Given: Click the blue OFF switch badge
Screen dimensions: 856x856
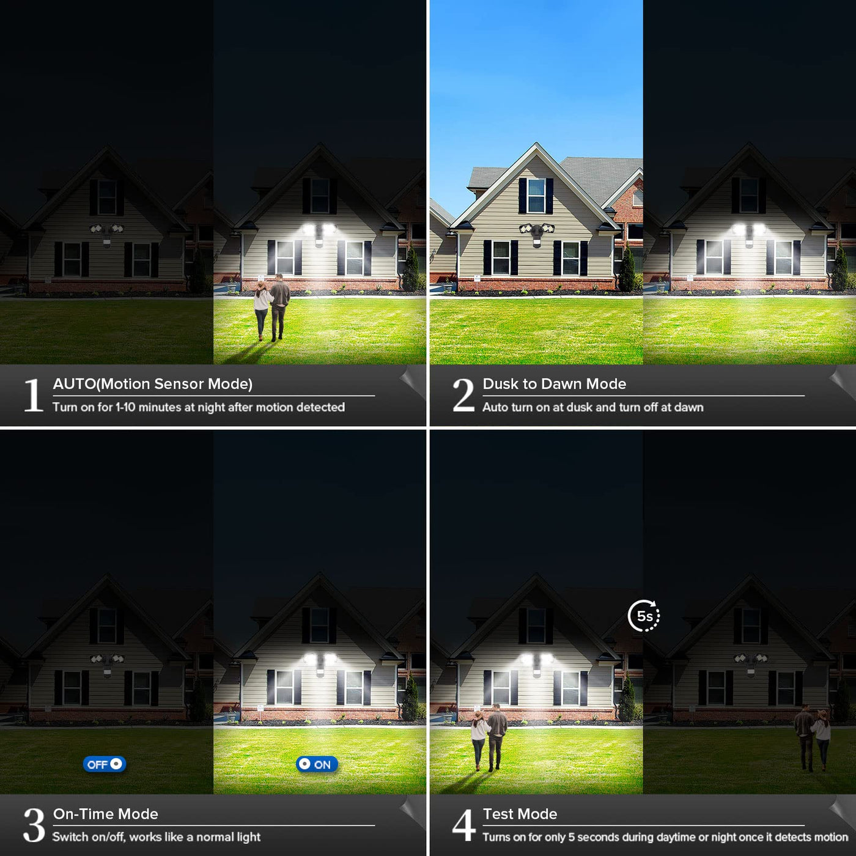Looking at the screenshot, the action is [105, 764].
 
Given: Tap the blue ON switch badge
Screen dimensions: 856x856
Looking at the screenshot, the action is [317, 764].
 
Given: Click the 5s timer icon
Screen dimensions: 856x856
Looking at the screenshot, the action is [644, 616].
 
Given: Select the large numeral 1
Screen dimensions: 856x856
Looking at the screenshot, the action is [33, 395].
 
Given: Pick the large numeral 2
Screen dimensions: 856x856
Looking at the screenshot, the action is [463, 395].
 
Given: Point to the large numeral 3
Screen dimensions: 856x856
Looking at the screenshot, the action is [34, 825].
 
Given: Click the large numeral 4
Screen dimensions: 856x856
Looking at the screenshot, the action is [463, 825].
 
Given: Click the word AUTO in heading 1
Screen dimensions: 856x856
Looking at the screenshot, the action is [74, 384].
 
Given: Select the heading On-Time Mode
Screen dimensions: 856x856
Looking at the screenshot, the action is [106, 814].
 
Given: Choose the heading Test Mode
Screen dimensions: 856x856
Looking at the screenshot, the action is [520, 814].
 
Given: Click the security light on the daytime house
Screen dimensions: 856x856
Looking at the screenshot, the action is [536, 233].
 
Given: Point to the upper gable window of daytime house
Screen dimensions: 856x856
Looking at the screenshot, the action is [536, 196].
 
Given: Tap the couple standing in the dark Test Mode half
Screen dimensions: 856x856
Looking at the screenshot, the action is [812, 737].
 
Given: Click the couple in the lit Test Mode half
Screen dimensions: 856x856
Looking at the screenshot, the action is [489, 737].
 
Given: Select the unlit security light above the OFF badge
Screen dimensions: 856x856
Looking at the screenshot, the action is [107, 663].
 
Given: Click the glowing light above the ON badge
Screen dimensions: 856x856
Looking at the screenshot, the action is [319, 663].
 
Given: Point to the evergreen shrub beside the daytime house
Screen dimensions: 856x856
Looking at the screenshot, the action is [627, 268].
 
